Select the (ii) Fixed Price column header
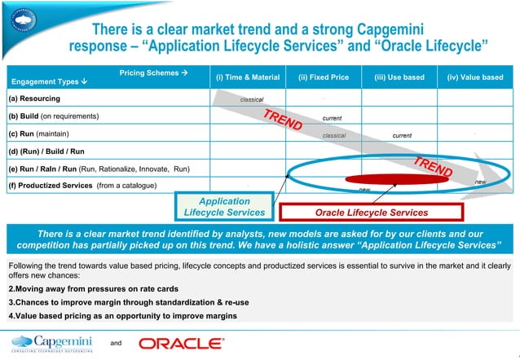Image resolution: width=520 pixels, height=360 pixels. click(324, 77)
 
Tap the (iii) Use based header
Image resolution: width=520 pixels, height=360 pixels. click(399, 77)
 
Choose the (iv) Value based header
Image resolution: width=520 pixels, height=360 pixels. click(475, 77)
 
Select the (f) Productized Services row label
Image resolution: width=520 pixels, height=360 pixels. click(64, 186)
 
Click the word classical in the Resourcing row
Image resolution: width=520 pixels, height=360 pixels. click(251, 99)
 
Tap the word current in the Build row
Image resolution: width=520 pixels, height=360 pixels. click(332, 116)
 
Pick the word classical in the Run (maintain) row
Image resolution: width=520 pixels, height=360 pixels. click(335, 134)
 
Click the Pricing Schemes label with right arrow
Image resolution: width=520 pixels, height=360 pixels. click(154, 72)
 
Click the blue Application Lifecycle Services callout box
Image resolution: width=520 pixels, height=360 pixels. click(225, 206)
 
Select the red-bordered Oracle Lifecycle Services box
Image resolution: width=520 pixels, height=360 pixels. click(371, 213)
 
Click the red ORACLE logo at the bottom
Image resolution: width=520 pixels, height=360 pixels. click(182, 343)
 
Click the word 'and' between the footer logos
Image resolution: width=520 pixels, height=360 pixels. click(115, 344)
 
